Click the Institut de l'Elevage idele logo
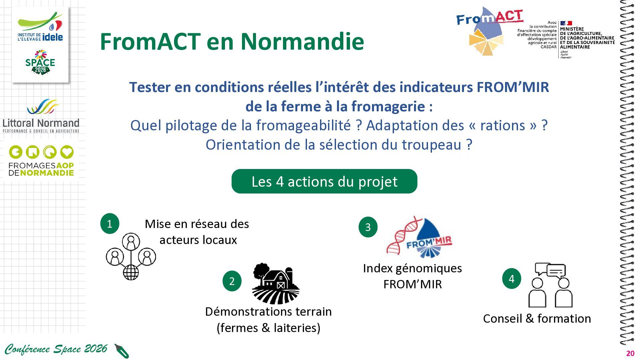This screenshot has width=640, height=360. (40, 27)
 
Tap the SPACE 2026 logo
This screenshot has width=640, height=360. (40, 62)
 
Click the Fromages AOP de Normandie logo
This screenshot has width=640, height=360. (41, 161)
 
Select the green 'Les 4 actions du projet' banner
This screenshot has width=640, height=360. (324, 181)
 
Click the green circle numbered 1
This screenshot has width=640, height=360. (110, 223)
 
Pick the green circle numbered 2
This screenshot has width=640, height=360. (232, 281)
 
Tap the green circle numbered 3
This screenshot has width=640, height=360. (368, 227)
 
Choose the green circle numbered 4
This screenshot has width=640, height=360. (512, 278)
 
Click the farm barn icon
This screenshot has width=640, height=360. (276, 283)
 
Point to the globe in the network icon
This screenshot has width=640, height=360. (131, 272)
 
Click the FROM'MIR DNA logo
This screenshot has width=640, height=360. (419, 237)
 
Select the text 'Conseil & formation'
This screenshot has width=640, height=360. (537, 319)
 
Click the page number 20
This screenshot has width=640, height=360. (630, 354)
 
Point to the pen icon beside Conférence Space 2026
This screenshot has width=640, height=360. (122, 351)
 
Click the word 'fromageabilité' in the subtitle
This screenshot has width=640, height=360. (303, 126)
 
